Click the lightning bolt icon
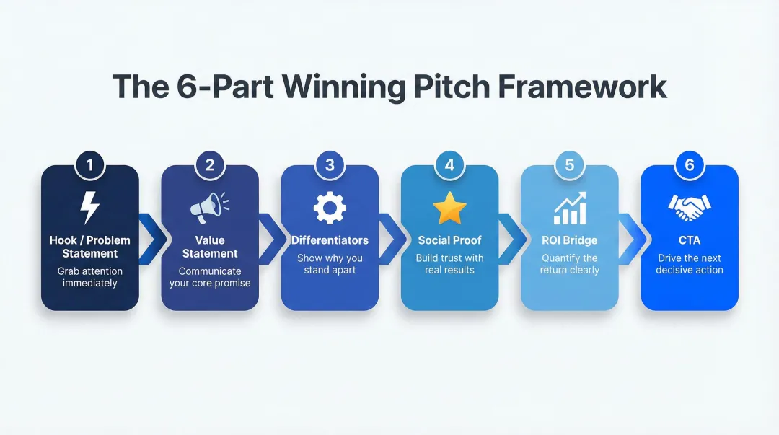89,208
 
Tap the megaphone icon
209,208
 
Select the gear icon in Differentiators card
330,208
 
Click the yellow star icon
449,208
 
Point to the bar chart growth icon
569,208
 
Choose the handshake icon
690,208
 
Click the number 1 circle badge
89,165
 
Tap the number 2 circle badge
210,165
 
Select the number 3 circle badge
330,165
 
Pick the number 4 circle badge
449,165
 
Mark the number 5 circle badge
569,165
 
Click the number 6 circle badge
690,165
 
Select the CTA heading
690,240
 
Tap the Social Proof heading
449,240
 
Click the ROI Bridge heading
569,240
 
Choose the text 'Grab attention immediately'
90,277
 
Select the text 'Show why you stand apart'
330,264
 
